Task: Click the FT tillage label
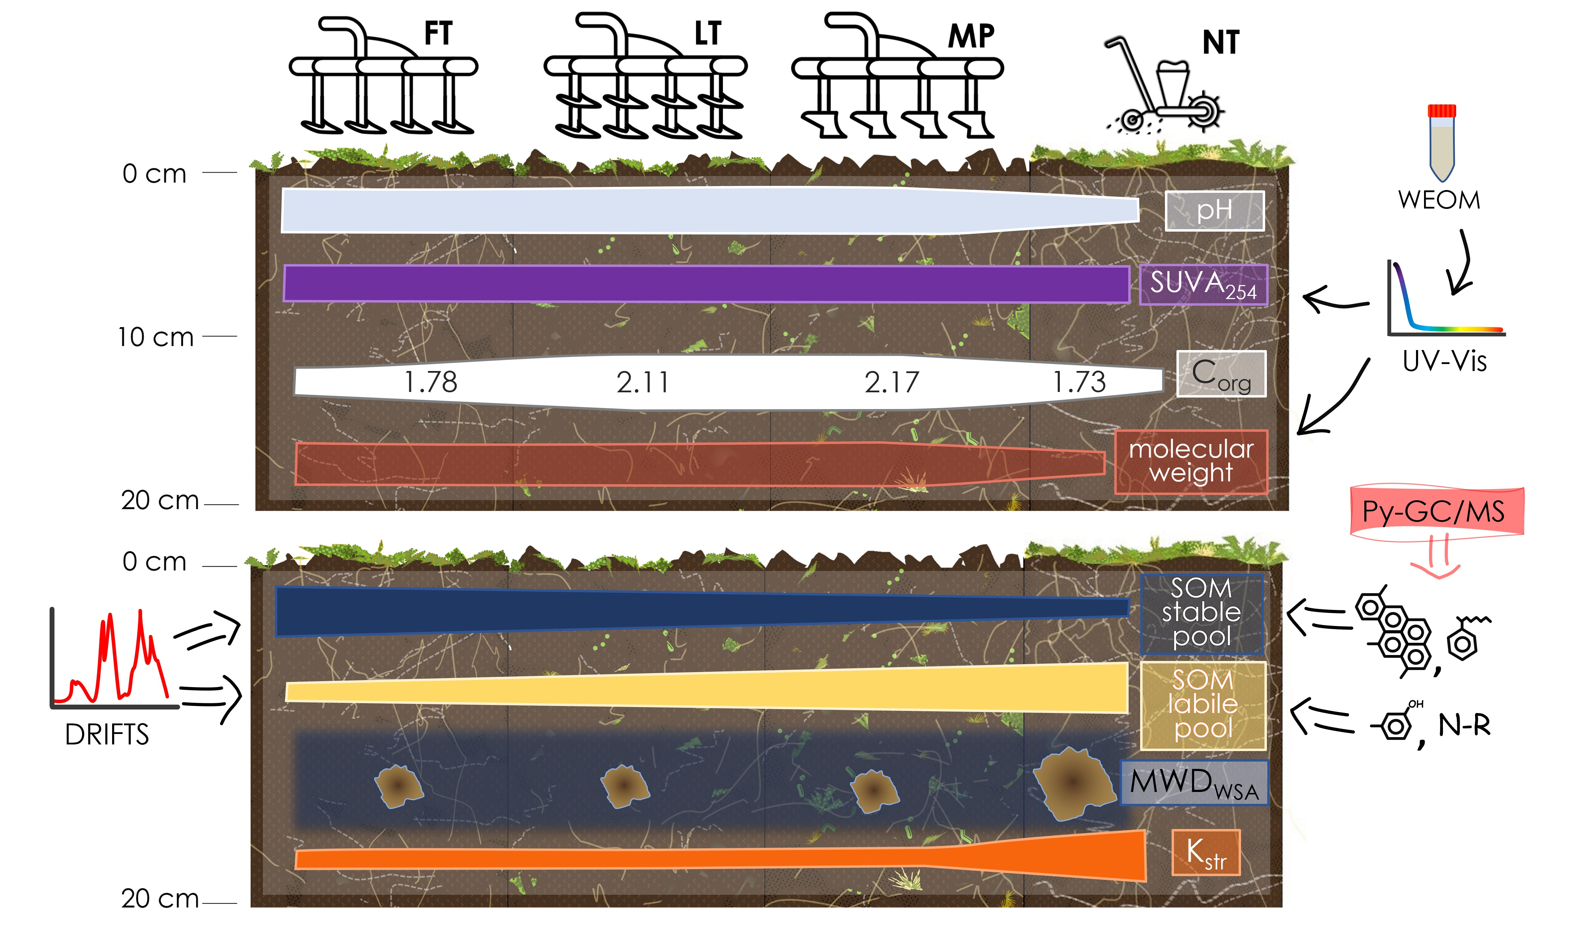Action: (x=438, y=34)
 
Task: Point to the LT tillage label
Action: (x=708, y=34)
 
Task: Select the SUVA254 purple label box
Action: (x=1203, y=284)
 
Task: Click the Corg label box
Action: (x=1221, y=374)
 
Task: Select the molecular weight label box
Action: (x=1191, y=461)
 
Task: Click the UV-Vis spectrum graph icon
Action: (x=1445, y=300)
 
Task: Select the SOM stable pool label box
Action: (x=1202, y=613)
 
